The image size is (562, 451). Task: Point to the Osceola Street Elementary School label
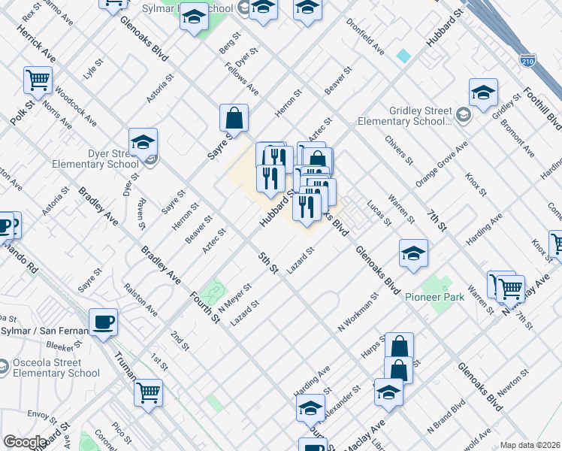click(56, 368)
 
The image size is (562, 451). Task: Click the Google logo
click(25, 442)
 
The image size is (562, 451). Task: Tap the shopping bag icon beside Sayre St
click(234, 118)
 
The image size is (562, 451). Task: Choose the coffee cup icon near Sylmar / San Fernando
click(104, 322)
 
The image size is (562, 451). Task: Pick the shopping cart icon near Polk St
click(38, 79)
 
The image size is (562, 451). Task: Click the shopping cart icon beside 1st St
click(149, 392)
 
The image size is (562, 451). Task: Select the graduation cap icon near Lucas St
click(413, 254)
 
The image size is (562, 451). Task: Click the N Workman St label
click(361, 316)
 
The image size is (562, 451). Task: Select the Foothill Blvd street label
click(554, 112)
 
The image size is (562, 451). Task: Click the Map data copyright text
click(530, 445)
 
